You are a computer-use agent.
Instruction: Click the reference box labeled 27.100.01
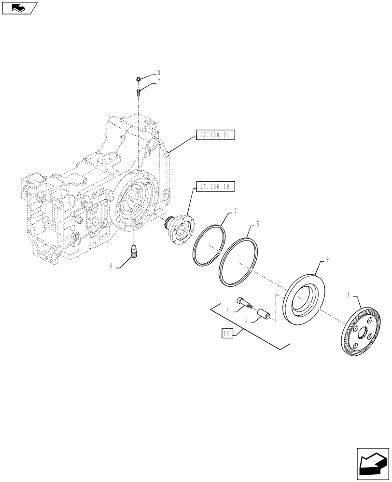coord(215,135)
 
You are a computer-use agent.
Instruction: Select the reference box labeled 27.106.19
coord(215,186)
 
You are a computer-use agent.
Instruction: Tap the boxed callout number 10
coord(227,333)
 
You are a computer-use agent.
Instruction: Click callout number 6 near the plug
coord(112,266)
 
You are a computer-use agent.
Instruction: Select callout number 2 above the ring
coord(235,211)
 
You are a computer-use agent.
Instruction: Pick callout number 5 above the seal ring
coord(258,224)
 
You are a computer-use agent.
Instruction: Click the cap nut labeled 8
coord(138,79)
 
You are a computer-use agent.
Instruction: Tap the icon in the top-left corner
coord(19,8)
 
